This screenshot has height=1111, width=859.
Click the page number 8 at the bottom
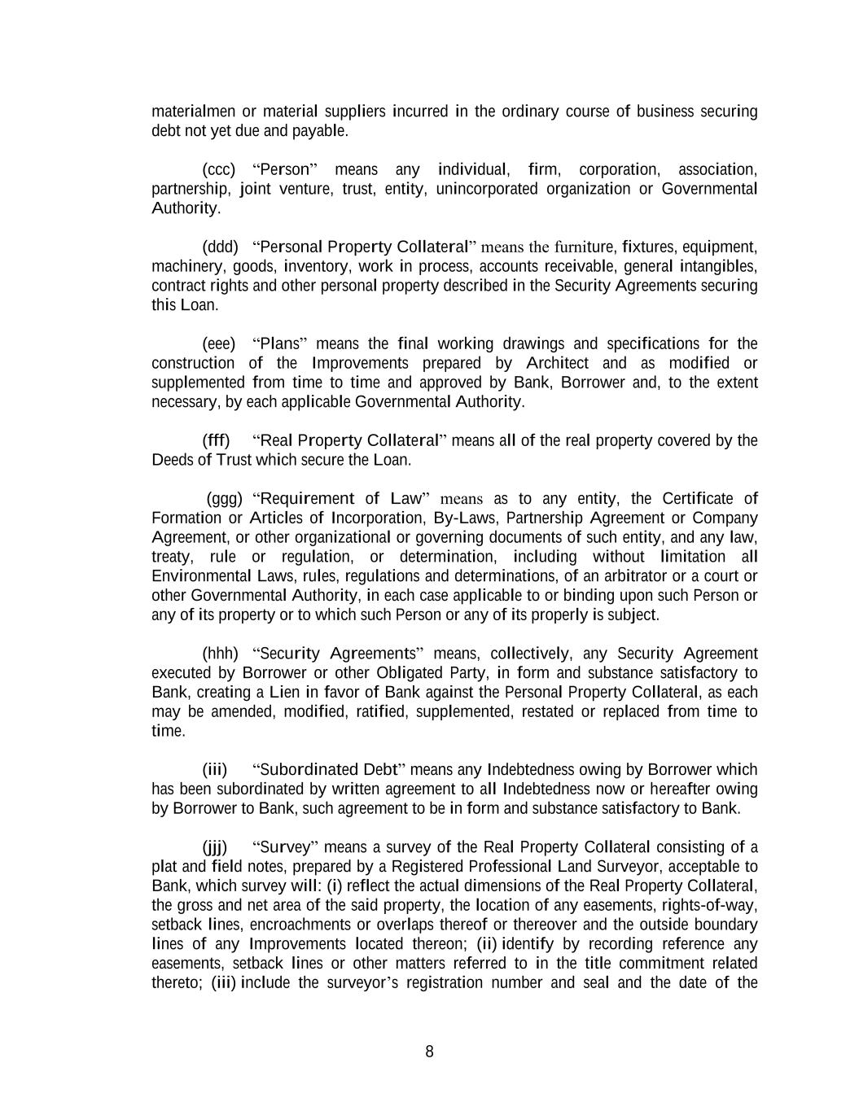tap(429, 1052)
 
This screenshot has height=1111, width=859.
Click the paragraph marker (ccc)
tap(218, 169)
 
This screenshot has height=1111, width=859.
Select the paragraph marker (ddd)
tap(220, 247)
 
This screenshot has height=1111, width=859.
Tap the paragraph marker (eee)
tap(218, 343)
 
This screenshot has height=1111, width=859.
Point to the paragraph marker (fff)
tap(216, 440)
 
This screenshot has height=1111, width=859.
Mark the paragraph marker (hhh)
tap(220, 654)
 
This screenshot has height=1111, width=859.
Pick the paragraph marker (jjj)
tap(215, 847)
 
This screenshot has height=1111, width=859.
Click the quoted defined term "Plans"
tap(279, 343)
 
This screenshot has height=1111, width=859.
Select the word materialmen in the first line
tap(192, 112)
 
